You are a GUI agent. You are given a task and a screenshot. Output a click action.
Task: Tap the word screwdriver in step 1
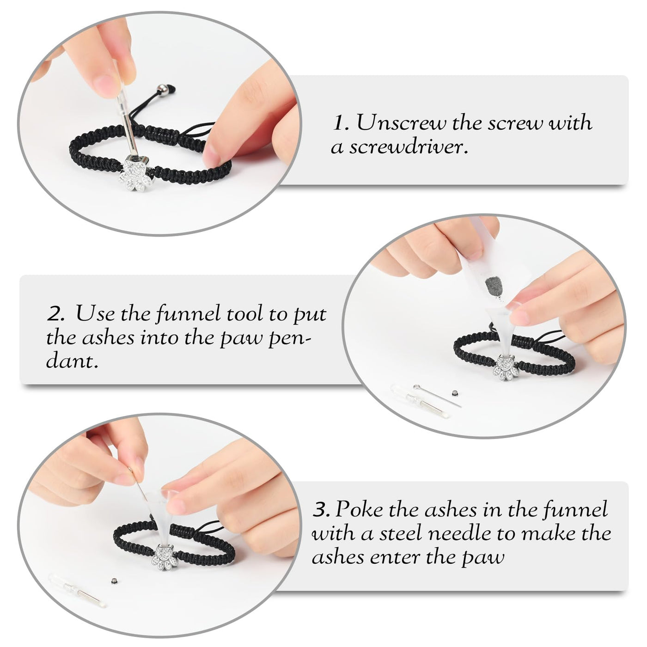(409, 147)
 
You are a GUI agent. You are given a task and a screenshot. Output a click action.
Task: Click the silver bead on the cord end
(163, 91)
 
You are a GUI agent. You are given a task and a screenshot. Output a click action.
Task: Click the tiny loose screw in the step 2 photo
(455, 392)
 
